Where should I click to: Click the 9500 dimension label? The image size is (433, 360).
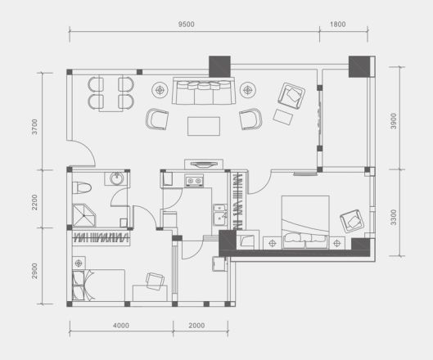(186, 25)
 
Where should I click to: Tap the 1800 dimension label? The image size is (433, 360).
(338, 25)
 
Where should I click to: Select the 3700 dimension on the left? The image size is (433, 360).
(34, 127)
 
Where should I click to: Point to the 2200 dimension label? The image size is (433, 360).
(34, 202)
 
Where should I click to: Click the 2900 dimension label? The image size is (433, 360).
(34, 271)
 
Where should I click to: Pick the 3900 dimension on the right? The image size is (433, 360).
(394, 121)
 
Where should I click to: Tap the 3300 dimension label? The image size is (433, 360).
(394, 218)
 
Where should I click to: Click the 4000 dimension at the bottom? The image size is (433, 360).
(121, 326)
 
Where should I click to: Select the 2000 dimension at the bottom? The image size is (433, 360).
(196, 326)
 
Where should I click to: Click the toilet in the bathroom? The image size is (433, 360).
(82, 187)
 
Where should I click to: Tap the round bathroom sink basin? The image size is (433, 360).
(117, 178)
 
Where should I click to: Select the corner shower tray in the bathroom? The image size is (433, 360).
(84, 215)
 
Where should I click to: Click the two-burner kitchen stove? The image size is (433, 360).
(194, 181)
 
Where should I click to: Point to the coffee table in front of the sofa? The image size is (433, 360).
(204, 126)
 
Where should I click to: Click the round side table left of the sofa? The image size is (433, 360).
(160, 90)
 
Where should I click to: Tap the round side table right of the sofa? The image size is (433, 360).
(248, 90)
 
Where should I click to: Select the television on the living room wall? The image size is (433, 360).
(204, 164)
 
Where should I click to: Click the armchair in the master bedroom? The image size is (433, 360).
(352, 221)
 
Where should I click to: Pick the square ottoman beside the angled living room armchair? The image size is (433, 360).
(283, 117)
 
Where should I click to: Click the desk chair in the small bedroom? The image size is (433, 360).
(155, 281)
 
